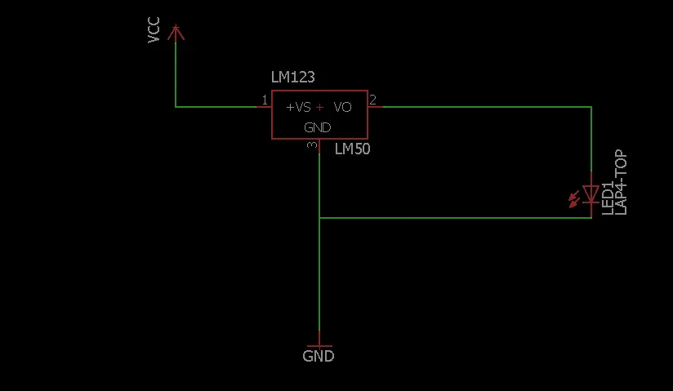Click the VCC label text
154,30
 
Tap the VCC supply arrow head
176,32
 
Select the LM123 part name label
292,78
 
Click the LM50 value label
352,149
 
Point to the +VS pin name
298,107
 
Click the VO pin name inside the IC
342,107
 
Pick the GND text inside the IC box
318,127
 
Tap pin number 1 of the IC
265,100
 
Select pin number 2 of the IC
372,100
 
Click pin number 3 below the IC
312,145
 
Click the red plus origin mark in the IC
320,107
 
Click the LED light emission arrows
574,199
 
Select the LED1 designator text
608,198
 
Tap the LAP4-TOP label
621,182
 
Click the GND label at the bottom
318,356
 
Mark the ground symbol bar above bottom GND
319,346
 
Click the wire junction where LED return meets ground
319,218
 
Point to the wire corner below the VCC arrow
176,107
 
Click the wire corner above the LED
591,107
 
